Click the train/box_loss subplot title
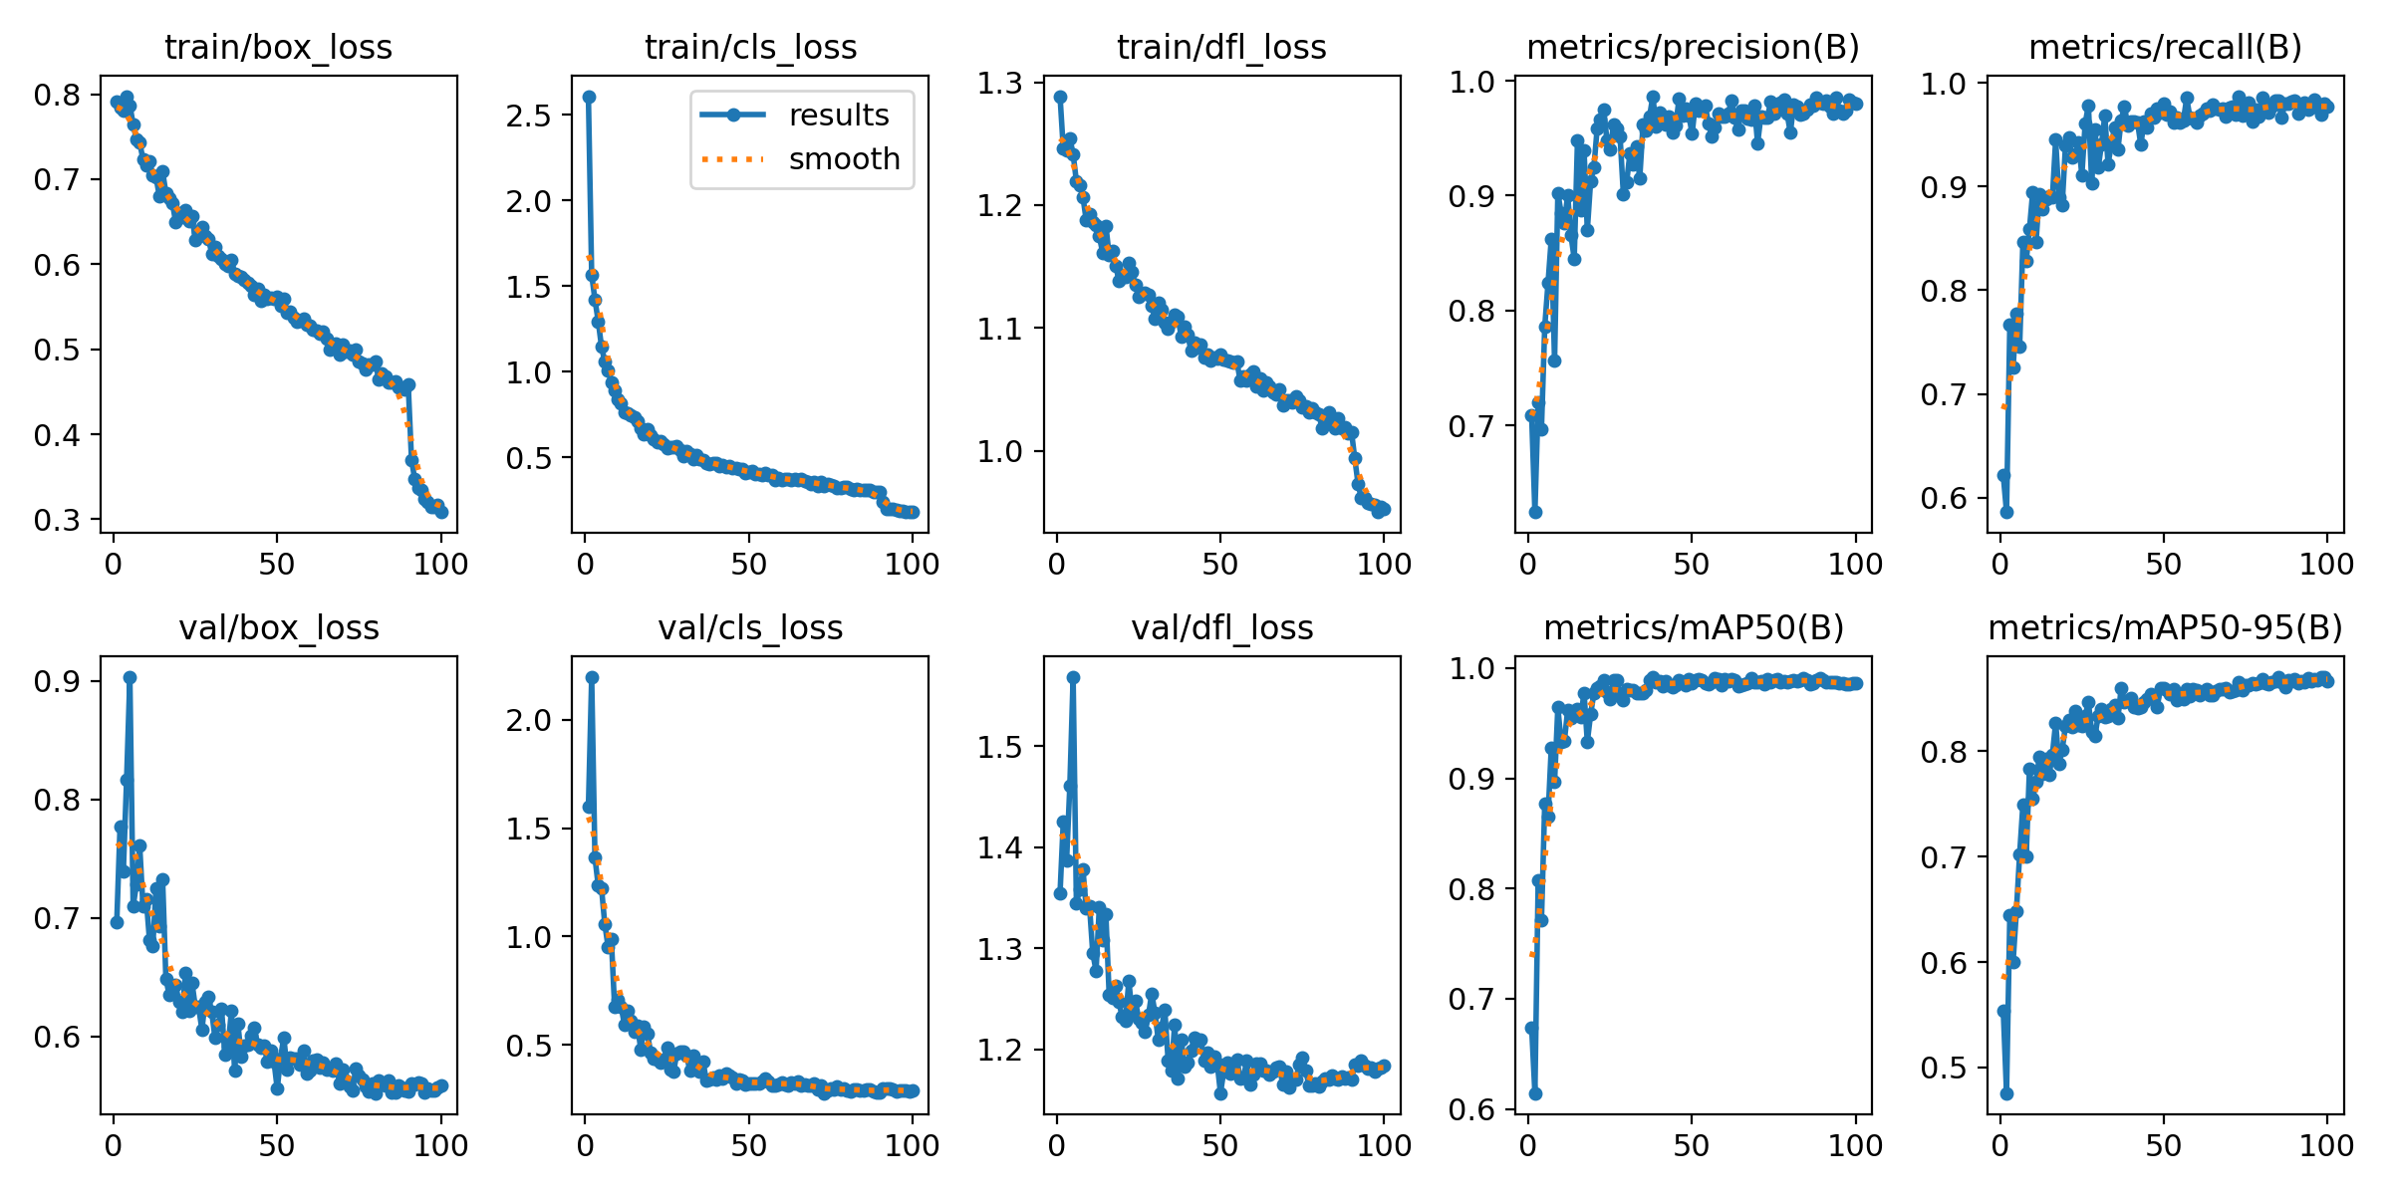(278, 47)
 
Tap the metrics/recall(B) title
(2165, 47)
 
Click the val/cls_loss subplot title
(750, 627)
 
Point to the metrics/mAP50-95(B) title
(2165, 627)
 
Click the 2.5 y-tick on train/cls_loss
(528, 116)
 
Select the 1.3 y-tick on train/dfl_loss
(1000, 84)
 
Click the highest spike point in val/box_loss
(130, 677)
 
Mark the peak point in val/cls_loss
(592, 677)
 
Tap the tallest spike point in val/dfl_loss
(1073, 677)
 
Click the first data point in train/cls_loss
(589, 97)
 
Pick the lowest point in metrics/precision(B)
(1535, 512)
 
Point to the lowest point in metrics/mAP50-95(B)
(2006, 1093)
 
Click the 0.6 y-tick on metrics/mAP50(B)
(1472, 1109)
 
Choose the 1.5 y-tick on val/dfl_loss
(1000, 747)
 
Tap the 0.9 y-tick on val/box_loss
(57, 681)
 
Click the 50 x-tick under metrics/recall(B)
(2163, 564)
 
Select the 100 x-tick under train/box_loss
(440, 564)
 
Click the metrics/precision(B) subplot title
(1693, 47)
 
